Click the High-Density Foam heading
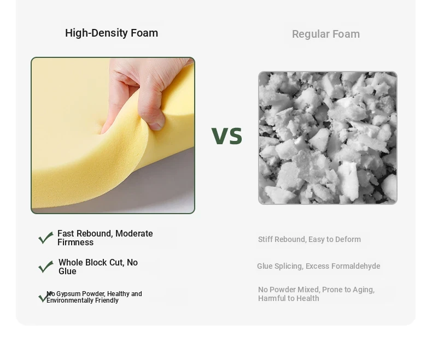pos(112,33)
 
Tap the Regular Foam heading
pos(326,34)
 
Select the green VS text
pos(227,135)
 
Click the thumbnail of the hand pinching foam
pos(113,135)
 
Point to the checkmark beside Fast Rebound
pos(45,238)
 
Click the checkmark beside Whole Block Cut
pos(45,267)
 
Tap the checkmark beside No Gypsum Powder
pos(44,297)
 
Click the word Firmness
pos(75,243)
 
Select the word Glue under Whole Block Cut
pos(67,272)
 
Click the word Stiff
pos(265,239)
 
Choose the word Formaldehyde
pos(355,266)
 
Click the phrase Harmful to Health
pos(289,298)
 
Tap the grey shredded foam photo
pos(328,138)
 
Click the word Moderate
pos(134,234)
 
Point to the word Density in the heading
pos(109,33)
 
